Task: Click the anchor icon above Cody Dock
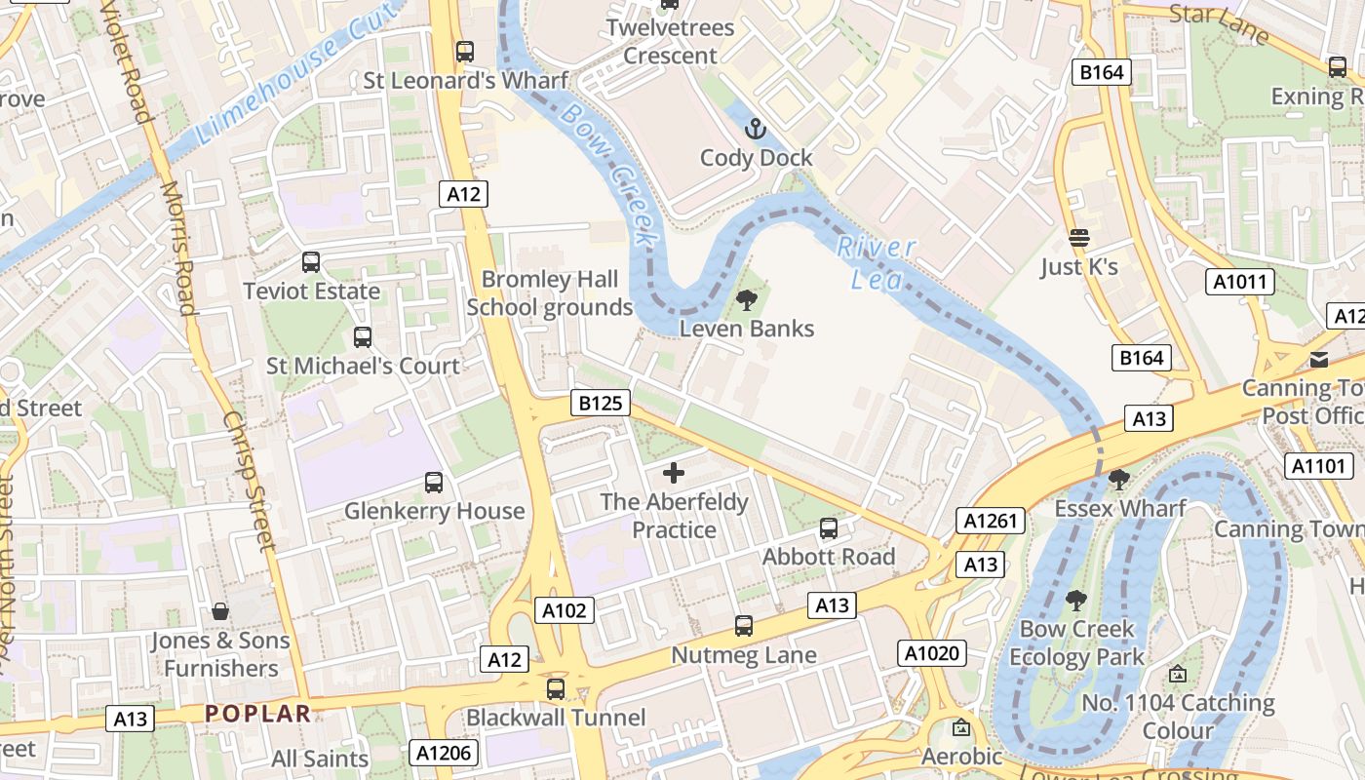(756, 129)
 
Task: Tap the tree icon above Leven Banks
(747, 300)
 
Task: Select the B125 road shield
(600, 403)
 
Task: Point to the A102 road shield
(565, 611)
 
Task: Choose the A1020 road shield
(932, 653)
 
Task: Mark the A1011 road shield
(1240, 283)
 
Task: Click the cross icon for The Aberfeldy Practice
(674, 474)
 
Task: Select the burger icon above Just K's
(1079, 238)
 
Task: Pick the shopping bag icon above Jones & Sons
(220, 611)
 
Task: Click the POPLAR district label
(257, 714)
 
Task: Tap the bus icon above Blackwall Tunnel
(556, 689)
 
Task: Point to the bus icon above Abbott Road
(829, 528)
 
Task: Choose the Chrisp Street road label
(251, 480)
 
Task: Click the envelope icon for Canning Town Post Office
(1319, 360)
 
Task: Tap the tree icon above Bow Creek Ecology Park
(1076, 601)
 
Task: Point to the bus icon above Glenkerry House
(434, 483)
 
